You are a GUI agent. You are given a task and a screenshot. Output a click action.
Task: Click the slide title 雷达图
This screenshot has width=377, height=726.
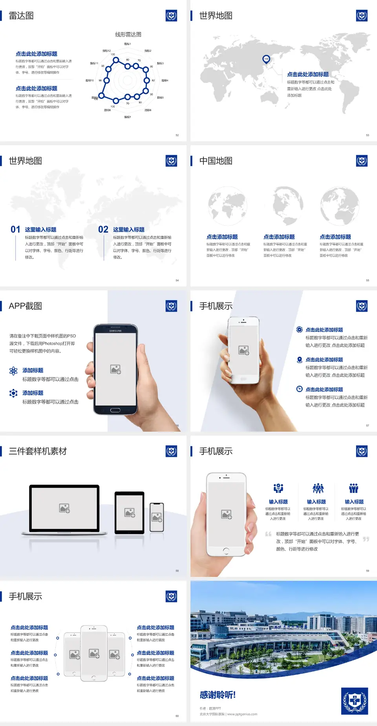coord(21,16)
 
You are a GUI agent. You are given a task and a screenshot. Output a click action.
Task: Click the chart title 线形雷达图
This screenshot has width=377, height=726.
coord(128,35)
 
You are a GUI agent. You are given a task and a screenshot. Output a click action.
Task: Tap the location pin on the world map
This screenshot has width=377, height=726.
coord(266,59)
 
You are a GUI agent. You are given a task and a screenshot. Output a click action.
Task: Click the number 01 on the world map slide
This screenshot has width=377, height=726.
coord(15,230)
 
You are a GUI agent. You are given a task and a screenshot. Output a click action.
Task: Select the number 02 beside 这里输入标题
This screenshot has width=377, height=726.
coord(103,230)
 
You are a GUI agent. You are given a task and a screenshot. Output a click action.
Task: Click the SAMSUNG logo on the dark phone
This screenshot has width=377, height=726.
coord(115,331)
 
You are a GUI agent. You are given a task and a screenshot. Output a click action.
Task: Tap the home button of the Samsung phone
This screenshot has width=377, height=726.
coord(115,410)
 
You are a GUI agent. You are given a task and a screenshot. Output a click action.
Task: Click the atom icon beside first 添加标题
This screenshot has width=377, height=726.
coord(13,371)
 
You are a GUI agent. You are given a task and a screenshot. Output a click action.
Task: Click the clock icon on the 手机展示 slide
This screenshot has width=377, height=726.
coord(299,389)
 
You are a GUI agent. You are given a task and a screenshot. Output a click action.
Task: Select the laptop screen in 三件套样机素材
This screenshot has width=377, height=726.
coord(64,508)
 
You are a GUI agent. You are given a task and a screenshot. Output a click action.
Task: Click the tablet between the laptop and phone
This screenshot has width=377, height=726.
coord(130,512)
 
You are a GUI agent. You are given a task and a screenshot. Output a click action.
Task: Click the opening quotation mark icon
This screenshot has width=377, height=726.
coord(268,534)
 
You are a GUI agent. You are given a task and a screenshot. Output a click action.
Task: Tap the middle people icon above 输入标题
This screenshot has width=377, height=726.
coord(318,488)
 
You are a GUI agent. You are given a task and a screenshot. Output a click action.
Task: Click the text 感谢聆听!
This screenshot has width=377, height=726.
coord(218,695)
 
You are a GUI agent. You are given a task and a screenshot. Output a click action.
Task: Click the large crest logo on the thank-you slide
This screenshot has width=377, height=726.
coord(355,701)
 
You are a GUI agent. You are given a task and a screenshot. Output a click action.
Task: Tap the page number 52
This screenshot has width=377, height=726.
coord(177,135)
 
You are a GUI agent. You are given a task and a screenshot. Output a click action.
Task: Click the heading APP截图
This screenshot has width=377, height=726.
coord(26,306)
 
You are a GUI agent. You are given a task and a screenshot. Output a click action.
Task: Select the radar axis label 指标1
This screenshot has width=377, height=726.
coord(128,44)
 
